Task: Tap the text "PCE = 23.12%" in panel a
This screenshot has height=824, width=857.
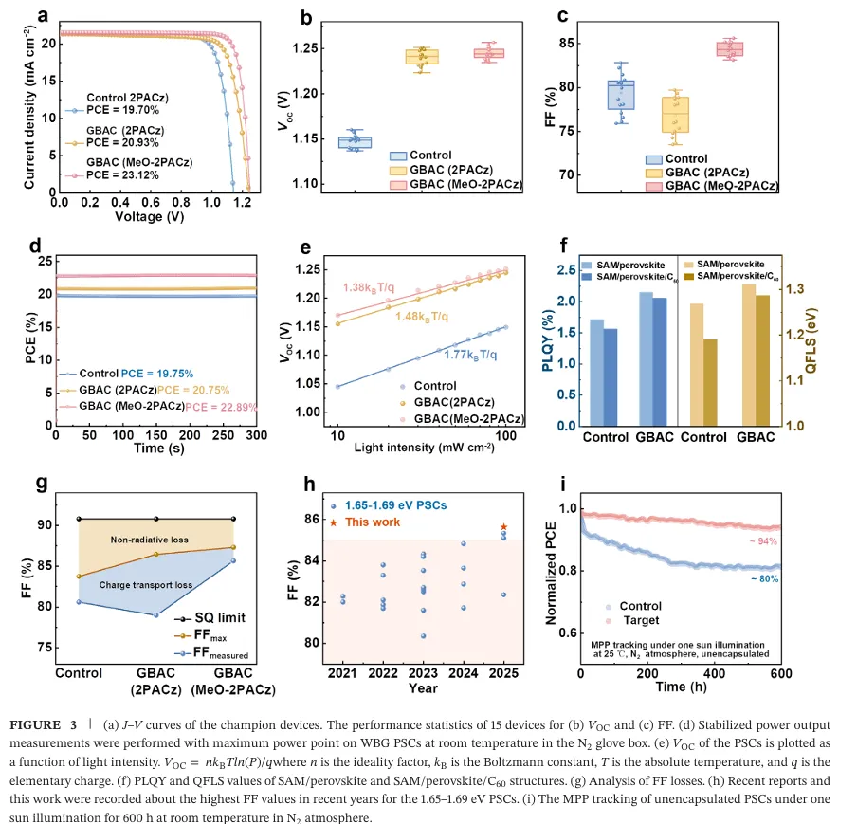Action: [124, 175]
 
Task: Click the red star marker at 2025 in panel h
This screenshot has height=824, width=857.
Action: [503, 526]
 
